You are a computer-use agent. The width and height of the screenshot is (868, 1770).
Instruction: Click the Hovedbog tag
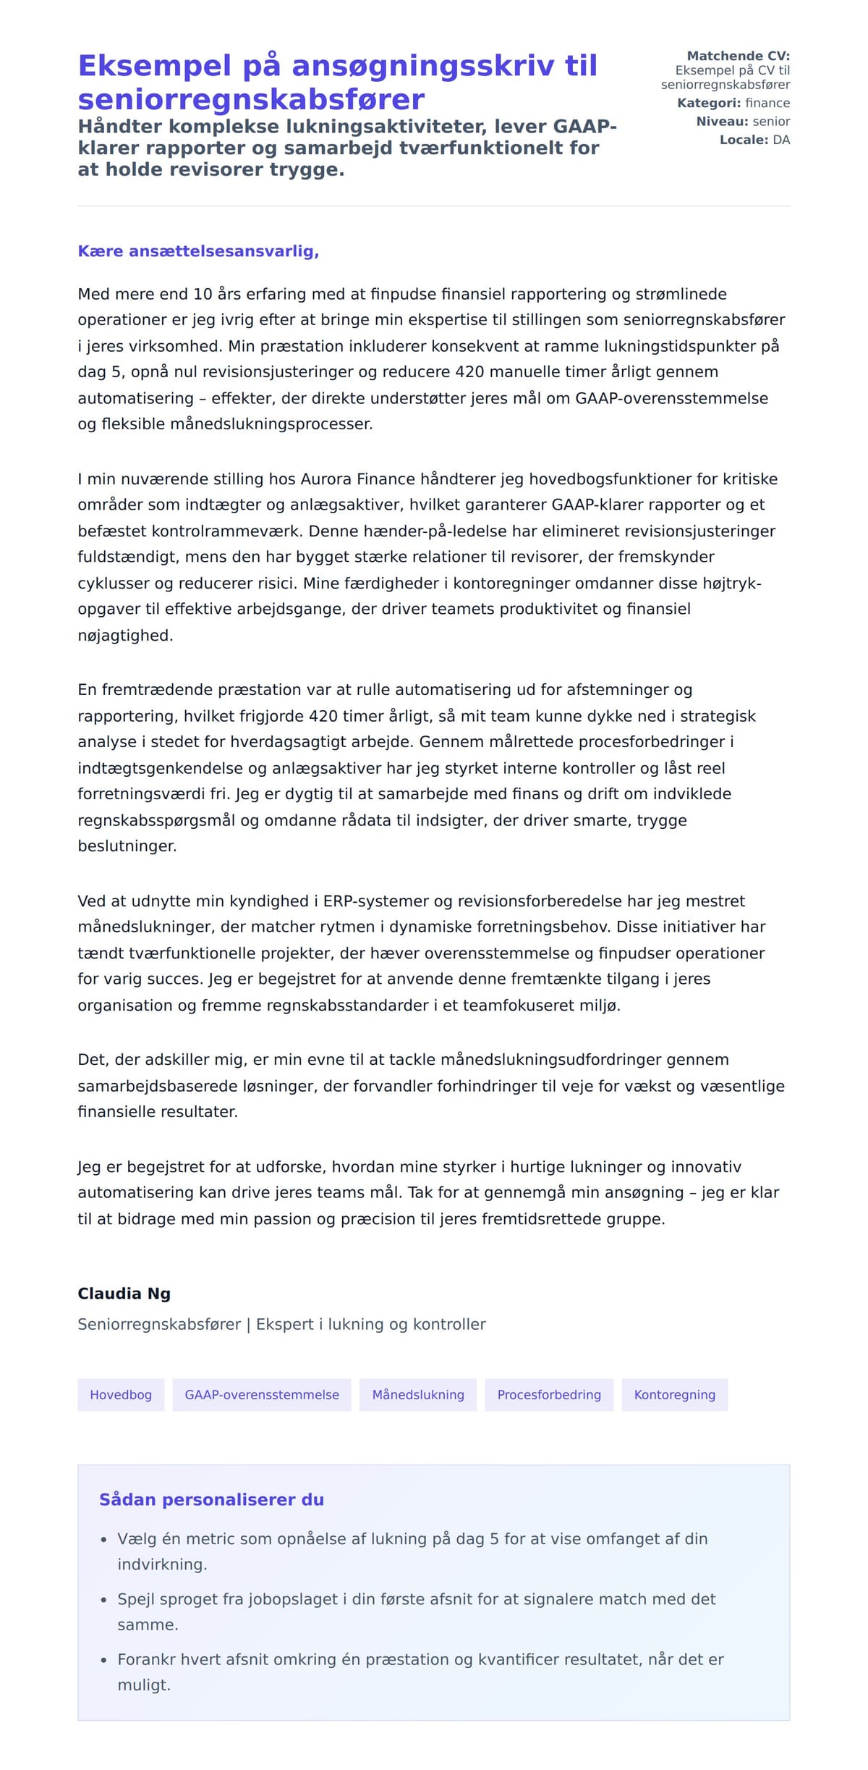(x=121, y=1394)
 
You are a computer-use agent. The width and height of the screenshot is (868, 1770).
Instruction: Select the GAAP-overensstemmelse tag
(x=261, y=1394)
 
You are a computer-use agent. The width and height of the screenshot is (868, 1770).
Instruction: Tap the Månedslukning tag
(x=418, y=1394)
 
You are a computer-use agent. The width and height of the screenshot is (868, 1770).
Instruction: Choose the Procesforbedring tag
(x=549, y=1394)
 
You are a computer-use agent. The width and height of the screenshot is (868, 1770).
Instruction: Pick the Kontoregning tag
(x=674, y=1394)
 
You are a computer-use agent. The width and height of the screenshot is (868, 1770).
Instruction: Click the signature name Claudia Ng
(x=124, y=1293)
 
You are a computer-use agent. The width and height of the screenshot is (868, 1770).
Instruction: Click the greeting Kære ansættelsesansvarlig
(x=198, y=251)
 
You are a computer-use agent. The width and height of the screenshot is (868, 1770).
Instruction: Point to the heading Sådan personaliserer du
(x=211, y=1499)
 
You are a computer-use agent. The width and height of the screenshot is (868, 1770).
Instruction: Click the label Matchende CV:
(x=738, y=56)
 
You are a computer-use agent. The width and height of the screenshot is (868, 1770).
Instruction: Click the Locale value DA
(x=781, y=140)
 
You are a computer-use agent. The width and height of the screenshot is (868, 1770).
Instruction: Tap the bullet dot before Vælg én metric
(x=103, y=1540)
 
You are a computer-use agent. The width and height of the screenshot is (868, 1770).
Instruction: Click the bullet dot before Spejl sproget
(x=103, y=1600)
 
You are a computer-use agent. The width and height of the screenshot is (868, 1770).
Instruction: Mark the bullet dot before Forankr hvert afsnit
(x=103, y=1660)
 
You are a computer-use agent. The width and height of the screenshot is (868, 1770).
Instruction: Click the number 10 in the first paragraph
(x=203, y=294)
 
